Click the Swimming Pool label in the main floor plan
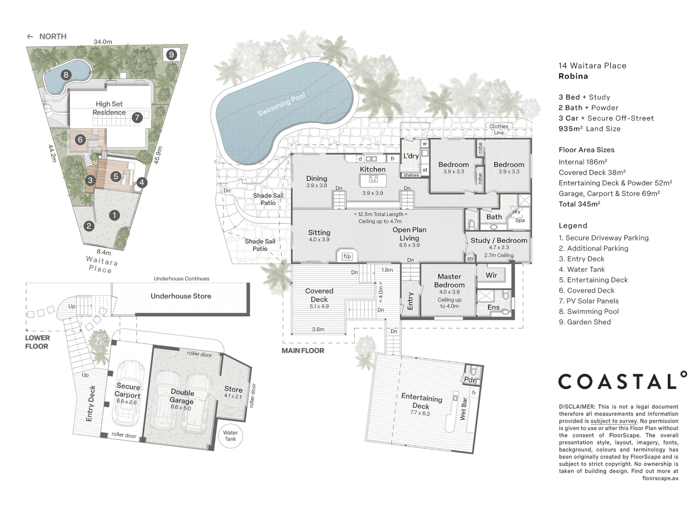tap(281, 105)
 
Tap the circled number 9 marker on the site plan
tap(171, 55)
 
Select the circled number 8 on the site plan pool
tap(66, 74)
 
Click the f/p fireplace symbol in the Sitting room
tap(347, 256)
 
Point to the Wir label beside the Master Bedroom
tap(491, 275)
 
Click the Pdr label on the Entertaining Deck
tap(469, 379)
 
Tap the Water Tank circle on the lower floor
tap(230, 436)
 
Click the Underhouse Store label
tap(181, 296)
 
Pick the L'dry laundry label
tap(411, 156)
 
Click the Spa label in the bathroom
tap(520, 220)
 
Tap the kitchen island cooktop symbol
tap(373, 180)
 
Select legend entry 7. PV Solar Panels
tap(589, 301)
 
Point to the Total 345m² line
tap(579, 204)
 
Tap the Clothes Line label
tap(499, 129)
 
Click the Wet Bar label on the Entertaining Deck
tap(463, 408)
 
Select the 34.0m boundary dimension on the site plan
tap(103, 42)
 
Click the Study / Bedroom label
tap(499, 240)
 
